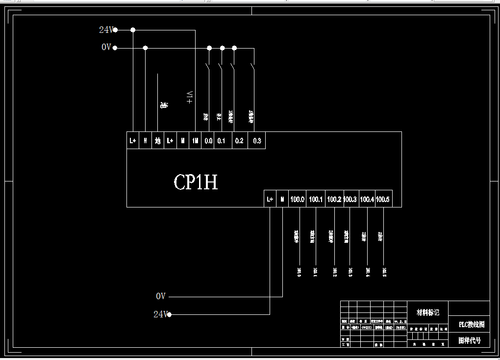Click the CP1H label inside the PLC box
tap(196, 182)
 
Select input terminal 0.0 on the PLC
tap(208, 141)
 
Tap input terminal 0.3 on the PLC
tap(257, 141)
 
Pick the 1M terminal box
tap(195, 141)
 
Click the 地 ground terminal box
tap(157, 141)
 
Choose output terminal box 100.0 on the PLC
tap(298, 199)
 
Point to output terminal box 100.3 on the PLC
tap(350, 199)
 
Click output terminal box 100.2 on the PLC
tap(334, 199)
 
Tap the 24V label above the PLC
tap(106, 30)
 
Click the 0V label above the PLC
tap(106, 48)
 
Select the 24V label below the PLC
tap(160, 314)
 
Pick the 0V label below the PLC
tap(161, 296)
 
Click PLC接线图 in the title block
tap(471, 325)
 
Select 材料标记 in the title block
tap(427, 312)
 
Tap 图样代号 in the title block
tap(469, 340)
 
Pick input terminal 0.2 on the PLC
tap(239, 141)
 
